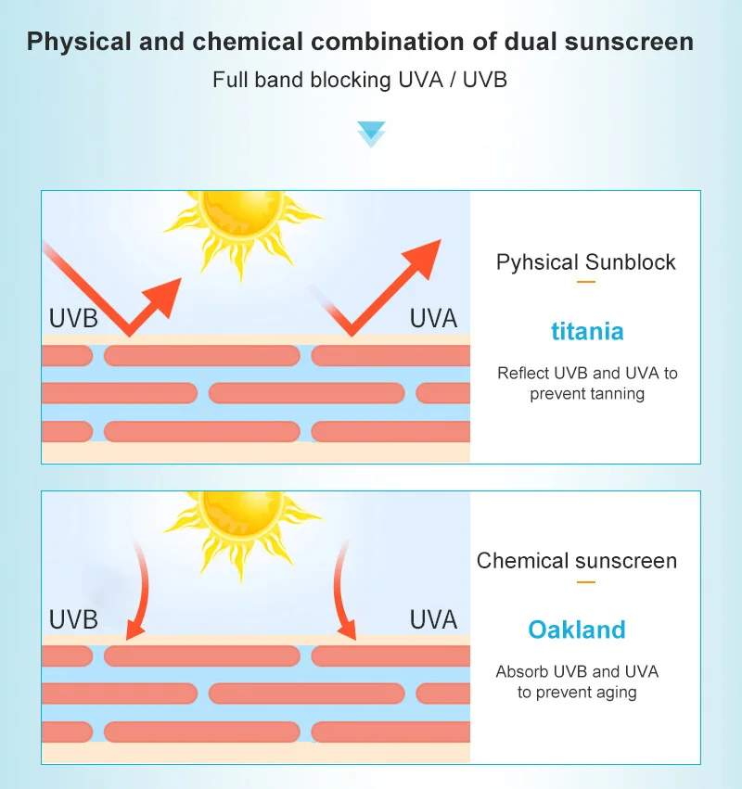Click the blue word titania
tap(587, 331)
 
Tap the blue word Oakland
tap(577, 630)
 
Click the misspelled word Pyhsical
tap(536, 262)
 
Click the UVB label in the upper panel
tap(73, 319)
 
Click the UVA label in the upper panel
tap(434, 319)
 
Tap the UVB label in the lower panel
tap(73, 618)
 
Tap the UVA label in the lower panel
tap(434, 618)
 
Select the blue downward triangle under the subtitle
tap(371, 132)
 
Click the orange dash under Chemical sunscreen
tap(586, 582)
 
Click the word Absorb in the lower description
tap(522, 671)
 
